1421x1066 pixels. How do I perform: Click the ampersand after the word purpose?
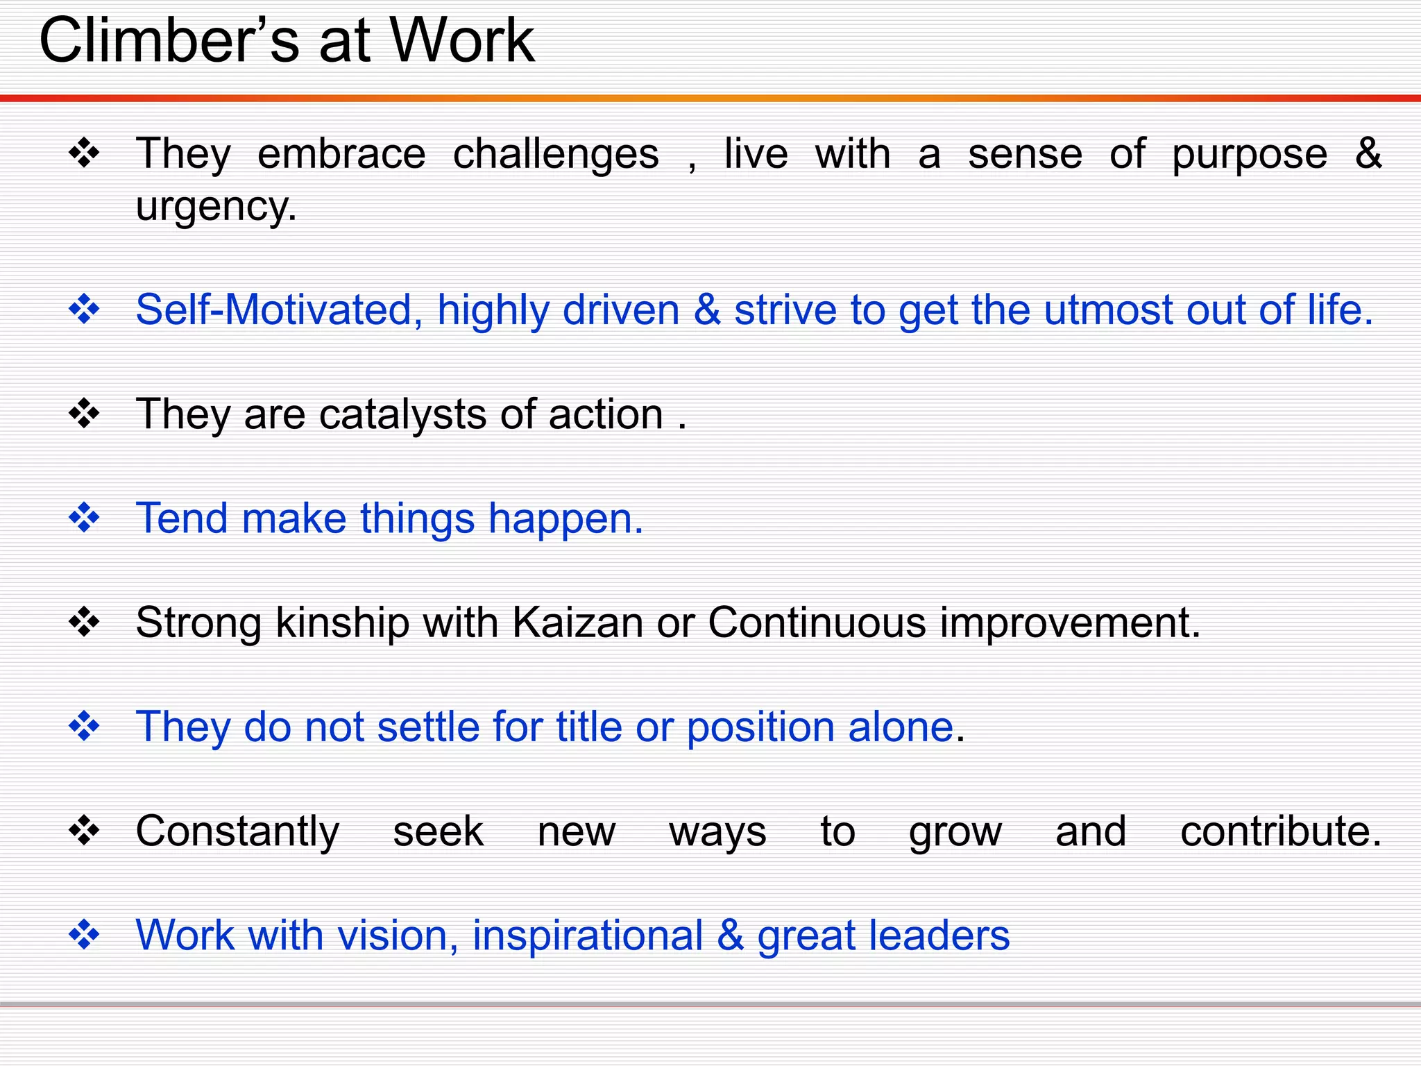click(1368, 153)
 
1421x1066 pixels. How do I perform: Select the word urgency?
click(216, 208)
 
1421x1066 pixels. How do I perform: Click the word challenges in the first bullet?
click(556, 155)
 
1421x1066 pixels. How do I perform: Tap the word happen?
click(565, 520)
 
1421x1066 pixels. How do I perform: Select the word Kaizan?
click(577, 622)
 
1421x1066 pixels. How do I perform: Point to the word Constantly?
click(237, 832)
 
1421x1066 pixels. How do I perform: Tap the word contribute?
click(1280, 831)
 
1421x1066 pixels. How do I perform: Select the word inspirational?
click(588, 936)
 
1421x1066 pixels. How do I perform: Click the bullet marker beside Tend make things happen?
click(85, 518)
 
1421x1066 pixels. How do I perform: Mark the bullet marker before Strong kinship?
click(85, 623)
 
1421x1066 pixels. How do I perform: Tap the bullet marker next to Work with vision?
click(85, 935)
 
